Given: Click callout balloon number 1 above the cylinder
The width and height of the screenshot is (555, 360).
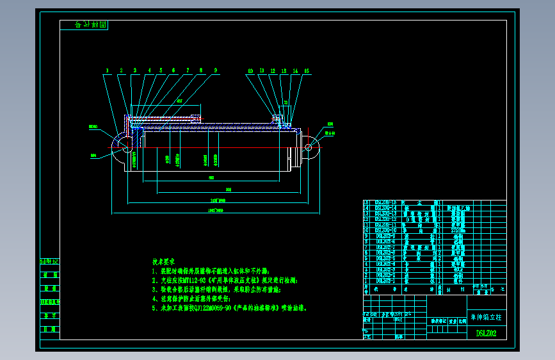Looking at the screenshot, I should [x=107, y=70].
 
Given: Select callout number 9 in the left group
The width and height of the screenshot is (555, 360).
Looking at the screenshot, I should [x=216, y=70].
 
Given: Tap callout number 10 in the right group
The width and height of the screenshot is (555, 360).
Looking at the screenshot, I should [x=250, y=70].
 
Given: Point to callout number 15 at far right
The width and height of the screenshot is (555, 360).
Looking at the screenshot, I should [x=307, y=70].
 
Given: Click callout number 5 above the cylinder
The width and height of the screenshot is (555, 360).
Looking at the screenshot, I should [x=161, y=70].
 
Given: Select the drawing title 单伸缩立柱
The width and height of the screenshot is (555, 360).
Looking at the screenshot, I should [x=487, y=316].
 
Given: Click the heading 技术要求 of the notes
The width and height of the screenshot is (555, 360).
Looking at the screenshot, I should [x=163, y=262].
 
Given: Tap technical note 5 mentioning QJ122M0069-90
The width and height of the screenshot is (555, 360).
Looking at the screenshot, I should [x=229, y=307].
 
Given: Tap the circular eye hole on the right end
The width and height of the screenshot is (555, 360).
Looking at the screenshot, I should [x=309, y=147].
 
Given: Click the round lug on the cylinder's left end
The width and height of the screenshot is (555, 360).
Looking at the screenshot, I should [x=122, y=147].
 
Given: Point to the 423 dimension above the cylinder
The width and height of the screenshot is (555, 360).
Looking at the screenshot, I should [x=179, y=101].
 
